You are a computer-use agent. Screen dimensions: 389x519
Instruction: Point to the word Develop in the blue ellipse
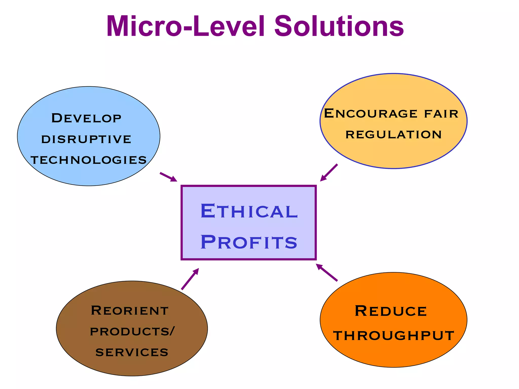[86, 118]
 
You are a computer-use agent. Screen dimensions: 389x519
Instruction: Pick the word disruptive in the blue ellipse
[86, 139]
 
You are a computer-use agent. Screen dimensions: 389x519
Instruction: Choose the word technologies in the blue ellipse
[89, 160]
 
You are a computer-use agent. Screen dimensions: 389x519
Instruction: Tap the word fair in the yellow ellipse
[441, 114]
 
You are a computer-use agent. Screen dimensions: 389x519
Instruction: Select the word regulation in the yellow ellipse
[394, 134]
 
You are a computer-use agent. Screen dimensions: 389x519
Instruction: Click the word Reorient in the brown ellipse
[129, 310]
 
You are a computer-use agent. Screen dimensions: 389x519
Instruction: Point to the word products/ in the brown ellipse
[132, 332]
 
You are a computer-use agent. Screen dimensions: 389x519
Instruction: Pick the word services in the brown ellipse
[132, 352]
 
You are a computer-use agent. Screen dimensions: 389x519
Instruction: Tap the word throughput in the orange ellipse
[394, 336]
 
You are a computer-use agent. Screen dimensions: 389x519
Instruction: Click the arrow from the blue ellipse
[168, 177]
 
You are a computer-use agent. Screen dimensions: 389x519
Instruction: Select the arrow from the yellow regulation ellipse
[329, 172]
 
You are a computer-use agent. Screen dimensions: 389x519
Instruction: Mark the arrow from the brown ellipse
[190, 279]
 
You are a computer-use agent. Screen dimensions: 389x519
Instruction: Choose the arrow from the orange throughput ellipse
[327, 272]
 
